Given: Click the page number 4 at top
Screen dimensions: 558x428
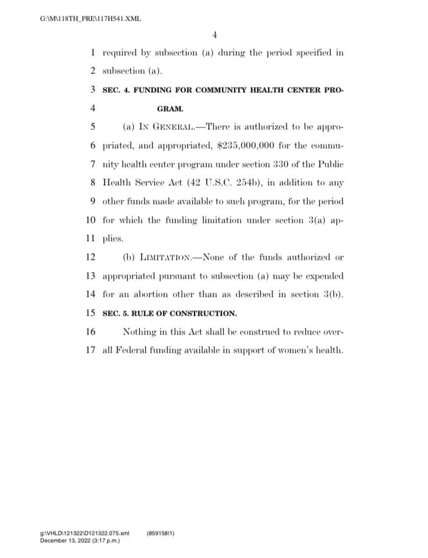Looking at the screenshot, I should point(215,34).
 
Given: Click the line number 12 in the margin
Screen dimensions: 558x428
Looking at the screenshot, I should point(91,257).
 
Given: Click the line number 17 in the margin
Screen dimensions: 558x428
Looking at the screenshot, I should point(91,350).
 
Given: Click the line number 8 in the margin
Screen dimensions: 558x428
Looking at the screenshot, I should point(94,182).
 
